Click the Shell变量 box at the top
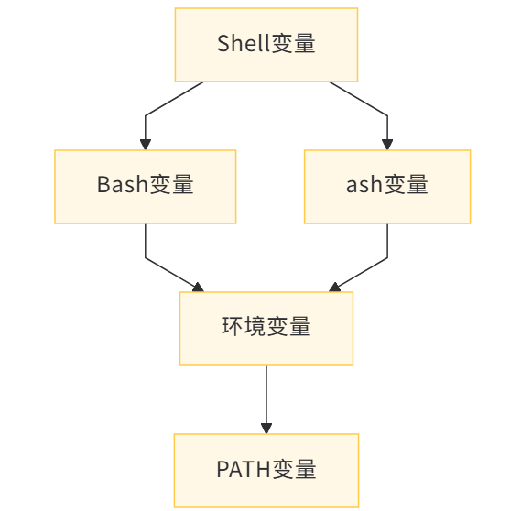tap(266, 44)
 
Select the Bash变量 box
tap(146, 186)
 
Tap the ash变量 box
tap(386, 186)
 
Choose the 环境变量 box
tap(266, 328)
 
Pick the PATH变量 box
tap(266, 470)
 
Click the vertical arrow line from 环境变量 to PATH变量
tap(266, 394)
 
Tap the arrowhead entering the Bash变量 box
tap(146, 144)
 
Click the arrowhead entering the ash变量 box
tap(387, 144)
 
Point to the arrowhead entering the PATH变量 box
tap(266, 428)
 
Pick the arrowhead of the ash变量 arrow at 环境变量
tap(335, 287)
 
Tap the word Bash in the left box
tap(123, 186)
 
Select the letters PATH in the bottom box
tap(243, 470)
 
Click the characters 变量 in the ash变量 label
tap(406, 186)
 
